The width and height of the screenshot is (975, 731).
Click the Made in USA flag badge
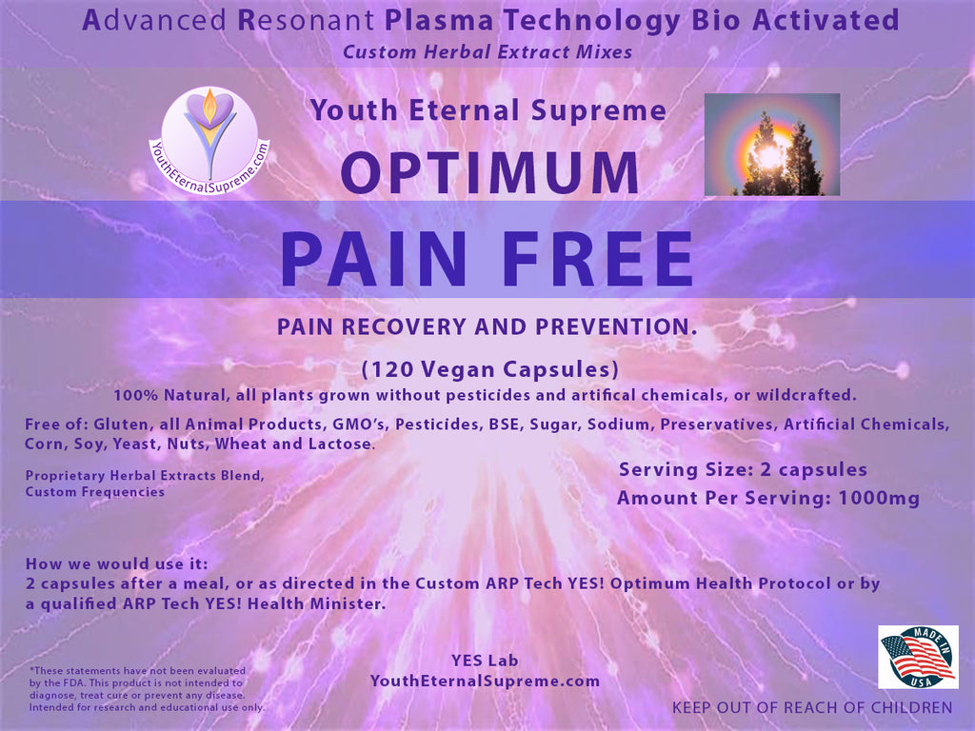918,657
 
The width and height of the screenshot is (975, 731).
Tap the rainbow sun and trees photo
771,145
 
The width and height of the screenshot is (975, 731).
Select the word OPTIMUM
490,172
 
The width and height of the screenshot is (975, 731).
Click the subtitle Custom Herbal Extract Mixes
487,51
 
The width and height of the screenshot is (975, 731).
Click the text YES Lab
485,661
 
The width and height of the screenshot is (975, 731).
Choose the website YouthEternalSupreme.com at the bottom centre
485,681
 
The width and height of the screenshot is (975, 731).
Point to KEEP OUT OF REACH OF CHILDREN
812,707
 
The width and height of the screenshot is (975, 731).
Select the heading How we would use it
117,563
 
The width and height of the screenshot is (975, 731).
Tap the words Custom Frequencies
95,492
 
